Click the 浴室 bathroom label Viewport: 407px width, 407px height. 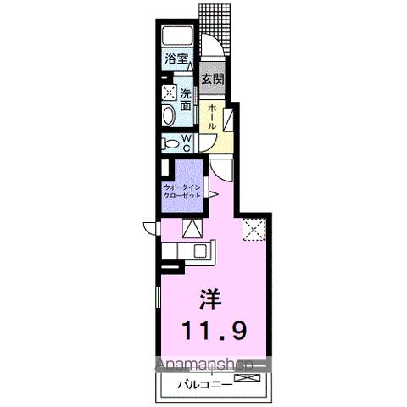(x=176, y=61)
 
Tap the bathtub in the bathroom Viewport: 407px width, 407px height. (x=179, y=37)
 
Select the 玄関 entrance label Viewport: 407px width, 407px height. (x=212, y=80)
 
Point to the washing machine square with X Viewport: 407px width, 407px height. (x=169, y=92)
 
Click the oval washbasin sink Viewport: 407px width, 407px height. (x=168, y=115)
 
